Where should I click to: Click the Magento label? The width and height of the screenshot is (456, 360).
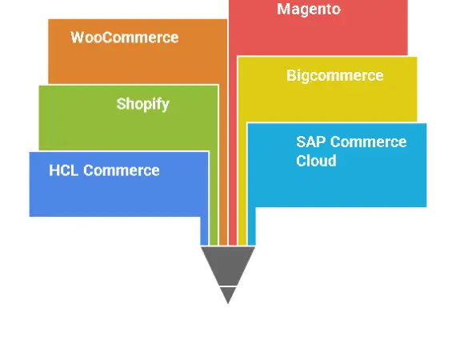coord(309,10)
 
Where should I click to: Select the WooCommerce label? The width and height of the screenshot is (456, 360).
coord(125,38)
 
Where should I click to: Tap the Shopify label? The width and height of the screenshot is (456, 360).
coord(142,104)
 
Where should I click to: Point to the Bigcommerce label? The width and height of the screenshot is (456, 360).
coord(335,76)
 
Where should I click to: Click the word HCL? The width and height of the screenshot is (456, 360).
coord(63,170)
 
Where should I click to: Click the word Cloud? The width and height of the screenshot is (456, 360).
coord(316,161)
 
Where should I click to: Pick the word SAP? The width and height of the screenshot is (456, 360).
coord(311,142)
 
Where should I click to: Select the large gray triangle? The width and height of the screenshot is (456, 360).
coord(228,266)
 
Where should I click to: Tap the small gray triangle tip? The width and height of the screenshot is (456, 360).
coord(228,303)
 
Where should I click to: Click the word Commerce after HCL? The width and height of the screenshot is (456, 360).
coord(122,170)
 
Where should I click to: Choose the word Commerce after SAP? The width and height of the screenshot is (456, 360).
coord(369,142)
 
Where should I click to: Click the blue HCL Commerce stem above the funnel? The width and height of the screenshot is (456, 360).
coord(205,231)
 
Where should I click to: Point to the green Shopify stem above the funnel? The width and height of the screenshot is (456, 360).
coord(214,198)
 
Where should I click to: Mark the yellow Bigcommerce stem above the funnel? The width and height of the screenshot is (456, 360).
coord(242,183)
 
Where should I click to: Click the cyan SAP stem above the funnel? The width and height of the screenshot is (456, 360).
coord(251,226)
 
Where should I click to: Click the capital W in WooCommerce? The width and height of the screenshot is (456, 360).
coord(77,38)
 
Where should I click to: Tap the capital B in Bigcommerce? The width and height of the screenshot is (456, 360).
coord(291,75)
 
